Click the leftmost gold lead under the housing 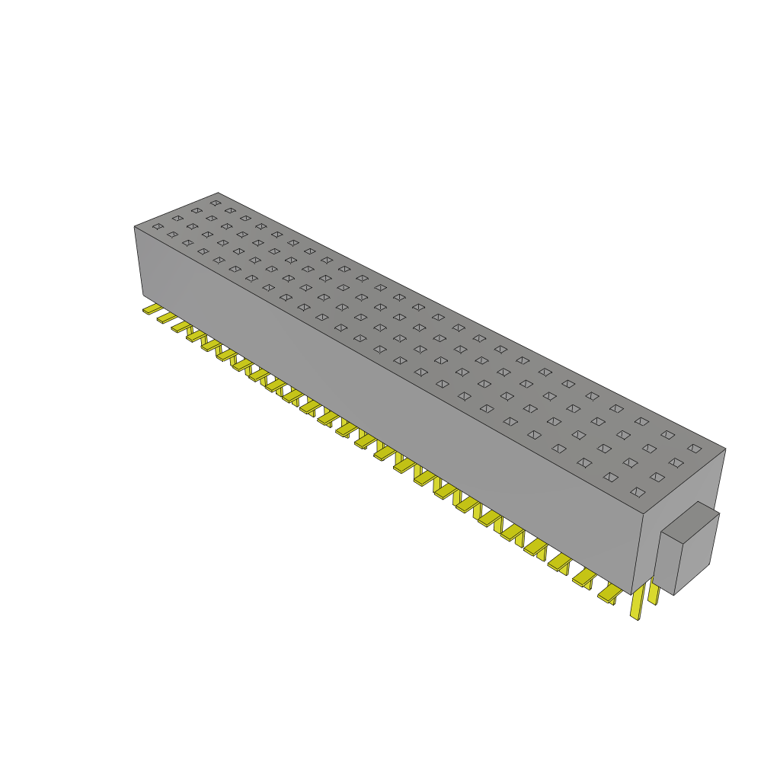coord(152,309)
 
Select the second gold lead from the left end coord(165,317)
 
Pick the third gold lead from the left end coord(181,325)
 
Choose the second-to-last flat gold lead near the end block coord(585,579)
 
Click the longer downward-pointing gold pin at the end coord(636,605)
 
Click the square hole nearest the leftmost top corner coord(157,226)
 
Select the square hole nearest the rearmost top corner coord(216,203)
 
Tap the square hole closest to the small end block coord(638,492)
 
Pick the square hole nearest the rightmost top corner coord(694,448)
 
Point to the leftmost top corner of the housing coord(135,226)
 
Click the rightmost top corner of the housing coord(725,449)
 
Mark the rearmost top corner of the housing coord(219,193)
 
